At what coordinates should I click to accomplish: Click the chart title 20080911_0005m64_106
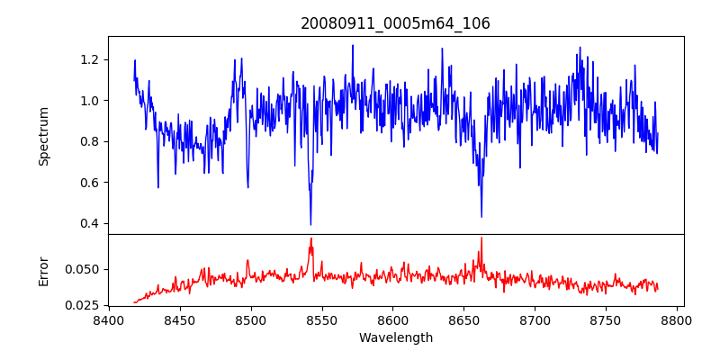pos(395,23)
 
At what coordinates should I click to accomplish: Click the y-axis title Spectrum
pos(44,136)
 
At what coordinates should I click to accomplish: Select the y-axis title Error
pos(44,270)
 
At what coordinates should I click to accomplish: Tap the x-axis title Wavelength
pos(395,338)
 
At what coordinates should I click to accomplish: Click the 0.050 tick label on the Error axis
pos(85,269)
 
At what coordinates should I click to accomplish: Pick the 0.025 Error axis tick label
pos(85,305)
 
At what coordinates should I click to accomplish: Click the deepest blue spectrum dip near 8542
pos(310,224)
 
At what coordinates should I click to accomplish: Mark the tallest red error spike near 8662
pos(481,238)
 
